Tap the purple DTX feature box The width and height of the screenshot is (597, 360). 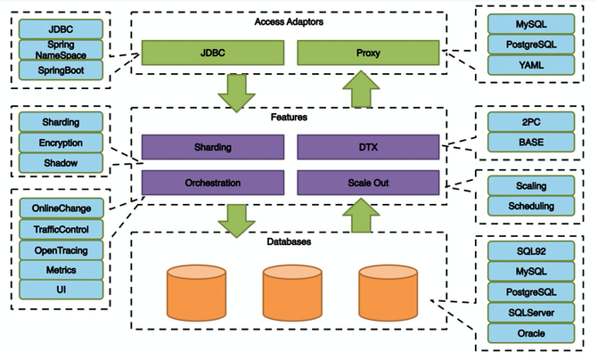[368, 146]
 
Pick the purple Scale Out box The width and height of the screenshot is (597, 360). [368, 184]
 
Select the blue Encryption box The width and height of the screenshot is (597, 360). [61, 142]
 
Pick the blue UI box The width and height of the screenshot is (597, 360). [61, 290]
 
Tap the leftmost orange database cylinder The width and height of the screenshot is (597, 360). [194, 292]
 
